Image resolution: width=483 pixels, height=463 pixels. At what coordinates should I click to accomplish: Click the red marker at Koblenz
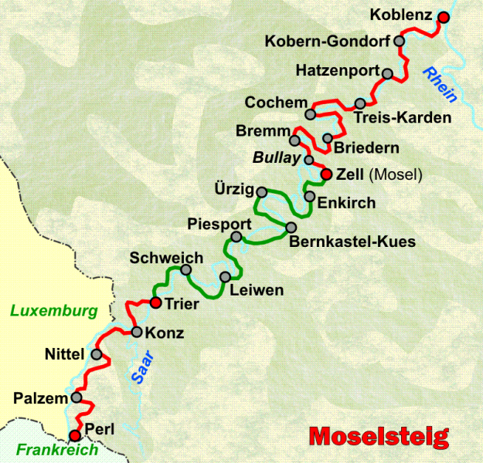click(x=443, y=17)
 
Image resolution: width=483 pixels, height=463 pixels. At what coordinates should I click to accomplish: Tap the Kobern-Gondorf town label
click(x=328, y=41)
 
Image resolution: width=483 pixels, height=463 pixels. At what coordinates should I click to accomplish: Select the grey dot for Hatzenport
click(x=388, y=74)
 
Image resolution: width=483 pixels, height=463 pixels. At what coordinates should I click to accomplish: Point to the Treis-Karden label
click(x=403, y=118)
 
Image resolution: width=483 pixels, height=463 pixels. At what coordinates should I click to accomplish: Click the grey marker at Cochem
click(x=310, y=114)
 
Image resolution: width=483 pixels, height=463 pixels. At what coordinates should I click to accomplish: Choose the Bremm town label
click(x=262, y=133)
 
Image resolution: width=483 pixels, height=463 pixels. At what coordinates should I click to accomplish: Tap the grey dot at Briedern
click(x=327, y=139)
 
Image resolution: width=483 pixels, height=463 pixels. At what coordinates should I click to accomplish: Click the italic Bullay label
click(x=276, y=158)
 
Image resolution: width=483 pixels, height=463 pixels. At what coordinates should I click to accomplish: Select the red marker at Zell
click(x=326, y=174)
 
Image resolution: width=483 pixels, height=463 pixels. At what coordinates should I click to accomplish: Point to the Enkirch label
click(x=347, y=204)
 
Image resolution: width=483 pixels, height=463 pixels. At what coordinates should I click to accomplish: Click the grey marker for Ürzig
click(x=261, y=192)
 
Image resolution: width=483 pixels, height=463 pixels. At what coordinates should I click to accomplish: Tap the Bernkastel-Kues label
click(x=352, y=242)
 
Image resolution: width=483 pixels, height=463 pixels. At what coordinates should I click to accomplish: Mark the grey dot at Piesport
click(x=236, y=236)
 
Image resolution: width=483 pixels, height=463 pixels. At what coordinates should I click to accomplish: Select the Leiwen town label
click(x=257, y=291)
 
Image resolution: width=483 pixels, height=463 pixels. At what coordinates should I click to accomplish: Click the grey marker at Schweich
click(x=185, y=269)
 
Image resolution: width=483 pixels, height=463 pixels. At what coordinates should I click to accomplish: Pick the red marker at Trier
click(x=155, y=302)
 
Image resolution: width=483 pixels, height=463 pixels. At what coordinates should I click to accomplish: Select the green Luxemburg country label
click(x=54, y=311)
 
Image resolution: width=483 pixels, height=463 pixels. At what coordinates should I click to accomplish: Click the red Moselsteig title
click(x=379, y=437)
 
